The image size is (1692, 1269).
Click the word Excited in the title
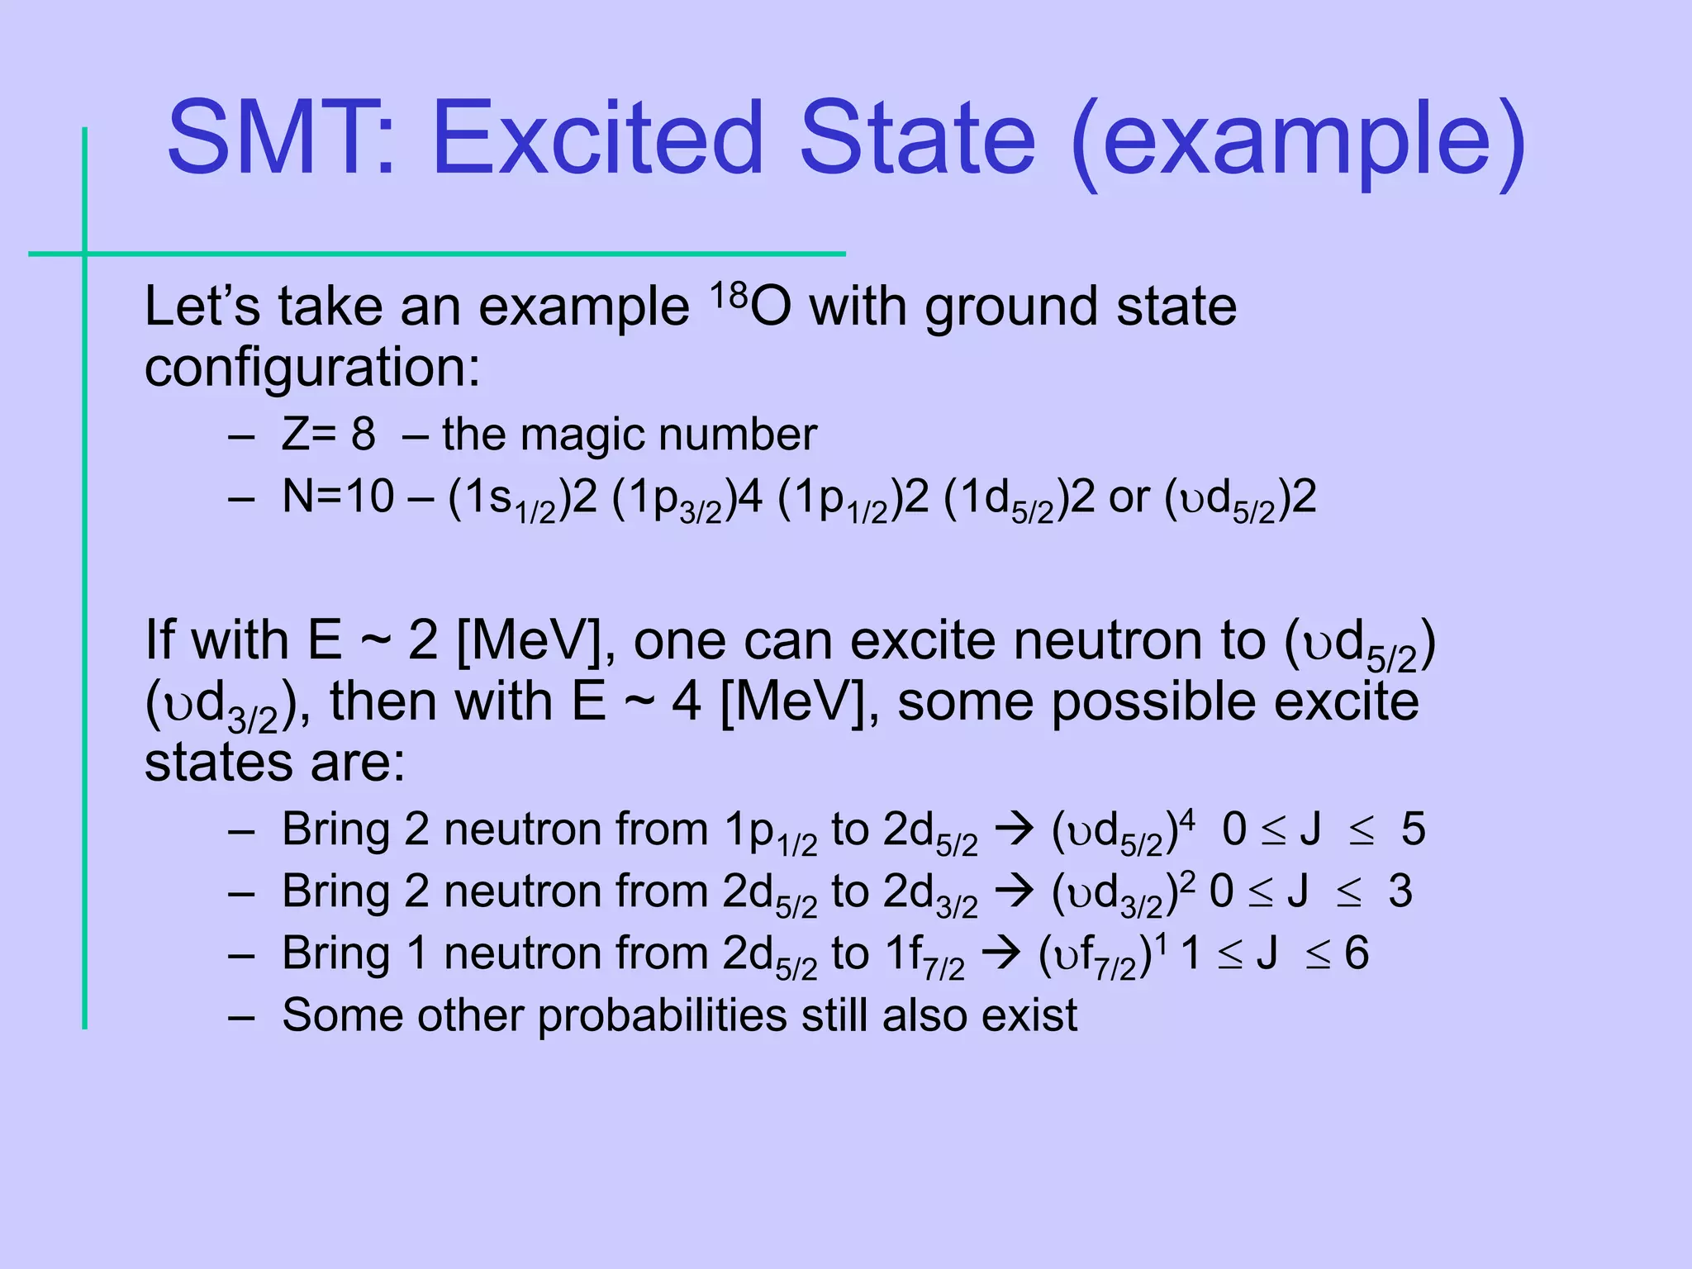coord(597,139)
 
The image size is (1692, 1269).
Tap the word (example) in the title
coord(1298,142)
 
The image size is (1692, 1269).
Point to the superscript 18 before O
coord(728,294)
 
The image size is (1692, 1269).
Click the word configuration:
coord(312,368)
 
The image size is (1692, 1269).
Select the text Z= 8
coord(328,434)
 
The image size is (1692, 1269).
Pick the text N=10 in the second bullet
coord(338,497)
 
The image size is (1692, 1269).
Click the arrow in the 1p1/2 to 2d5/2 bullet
coord(1014,829)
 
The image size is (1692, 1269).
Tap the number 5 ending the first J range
coord(1413,829)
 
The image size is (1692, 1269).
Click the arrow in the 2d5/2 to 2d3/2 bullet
coord(1014,891)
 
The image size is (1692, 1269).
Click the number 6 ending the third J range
coord(1357,953)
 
